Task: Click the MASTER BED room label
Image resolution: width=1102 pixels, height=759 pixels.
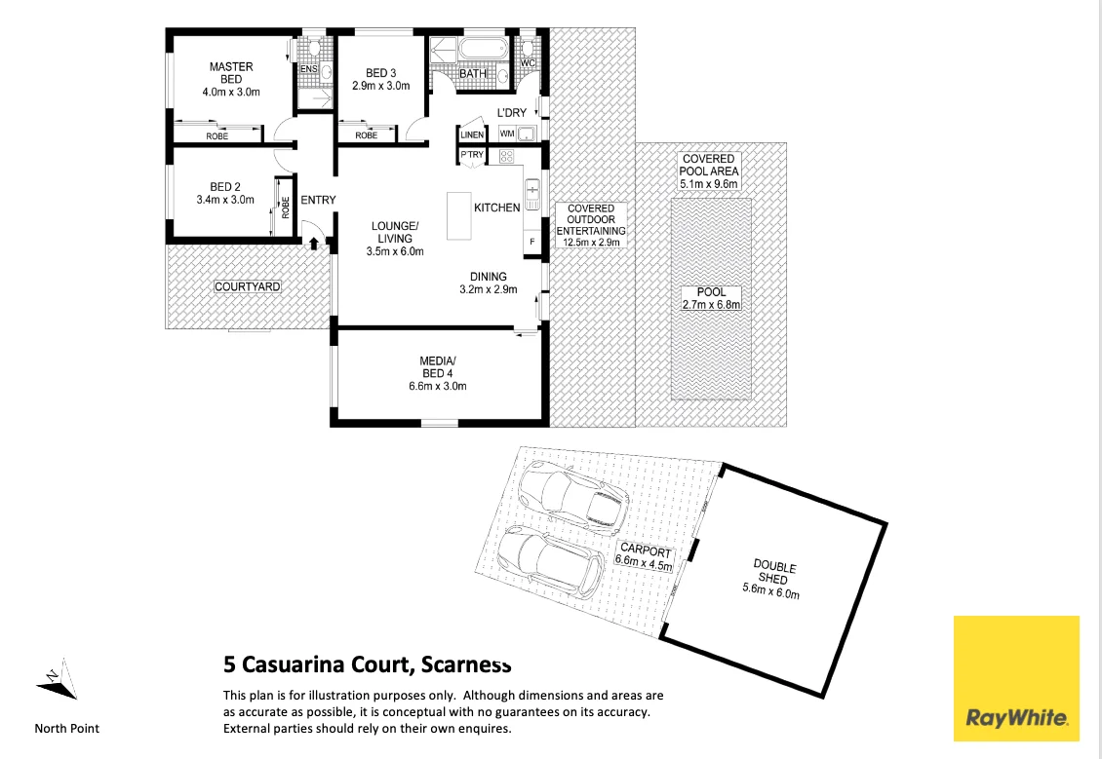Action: click(231, 73)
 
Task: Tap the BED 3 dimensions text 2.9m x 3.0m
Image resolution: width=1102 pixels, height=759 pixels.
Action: click(381, 86)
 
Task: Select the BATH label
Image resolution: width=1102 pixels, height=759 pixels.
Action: click(473, 73)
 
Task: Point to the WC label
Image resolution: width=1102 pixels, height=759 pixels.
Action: click(529, 63)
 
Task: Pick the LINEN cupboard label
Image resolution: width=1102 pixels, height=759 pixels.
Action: click(472, 134)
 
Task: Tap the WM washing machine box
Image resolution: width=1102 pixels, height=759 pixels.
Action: click(507, 133)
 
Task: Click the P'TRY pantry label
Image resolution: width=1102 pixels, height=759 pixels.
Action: click(472, 155)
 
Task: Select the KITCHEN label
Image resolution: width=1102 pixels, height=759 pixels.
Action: click(496, 208)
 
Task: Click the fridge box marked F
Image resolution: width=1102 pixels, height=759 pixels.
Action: click(531, 240)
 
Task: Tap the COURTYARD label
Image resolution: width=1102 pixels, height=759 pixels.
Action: click(248, 286)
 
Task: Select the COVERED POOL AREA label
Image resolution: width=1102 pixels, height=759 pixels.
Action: click(709, 171)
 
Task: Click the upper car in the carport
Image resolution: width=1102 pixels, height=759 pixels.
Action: click(571, 494)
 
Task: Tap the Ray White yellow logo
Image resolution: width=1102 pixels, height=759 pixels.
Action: click(1016, 678)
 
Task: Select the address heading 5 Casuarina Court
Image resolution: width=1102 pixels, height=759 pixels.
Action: click(367, 666)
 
